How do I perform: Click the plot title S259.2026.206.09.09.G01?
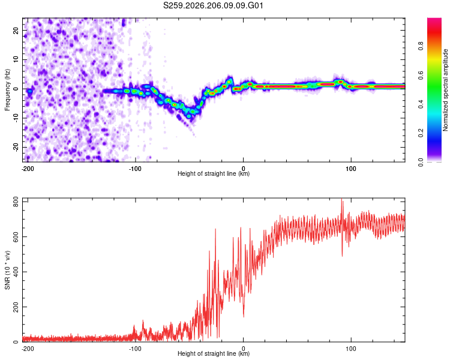[213, 5]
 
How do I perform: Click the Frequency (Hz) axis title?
[7, 90]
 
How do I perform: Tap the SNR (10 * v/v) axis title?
[7, 270]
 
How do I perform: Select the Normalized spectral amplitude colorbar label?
[445, 90]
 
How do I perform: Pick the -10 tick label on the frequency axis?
[16, 118]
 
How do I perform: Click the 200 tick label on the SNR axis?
[16, 307]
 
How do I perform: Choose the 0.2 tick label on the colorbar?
[421, 133]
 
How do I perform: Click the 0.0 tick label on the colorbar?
[421, 162]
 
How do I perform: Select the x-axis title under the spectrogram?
[214, 173]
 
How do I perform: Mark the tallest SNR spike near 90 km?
[341, 199]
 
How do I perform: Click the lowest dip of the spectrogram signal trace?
[188, 116]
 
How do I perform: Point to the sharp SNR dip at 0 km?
[244, 316]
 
